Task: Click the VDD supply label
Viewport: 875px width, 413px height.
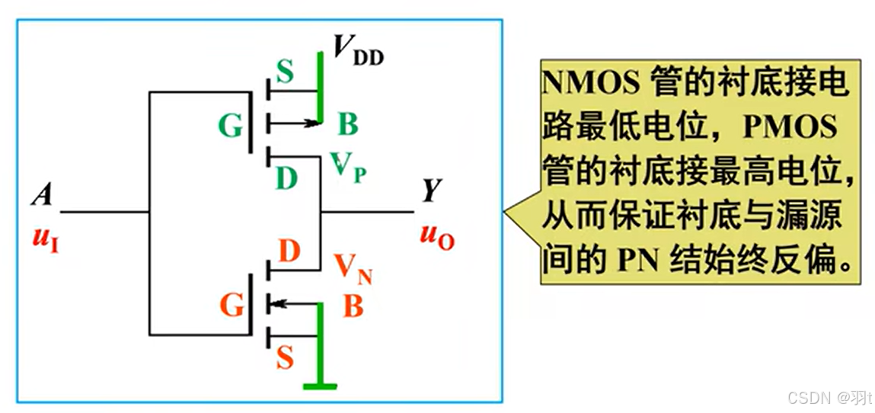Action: [x=359, y=50]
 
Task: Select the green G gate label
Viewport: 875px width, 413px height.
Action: [x=231, y=126]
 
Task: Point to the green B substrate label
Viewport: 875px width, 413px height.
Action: [x=347, y=123]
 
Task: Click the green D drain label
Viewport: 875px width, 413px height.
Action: [x=286, y=180]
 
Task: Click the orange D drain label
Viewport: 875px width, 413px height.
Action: [x=289, y=252]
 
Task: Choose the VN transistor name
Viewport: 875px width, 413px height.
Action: [x=353, y=268]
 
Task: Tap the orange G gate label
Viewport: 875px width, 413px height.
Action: [x=233, y=306]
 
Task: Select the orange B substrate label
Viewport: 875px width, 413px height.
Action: [x=353, y=306]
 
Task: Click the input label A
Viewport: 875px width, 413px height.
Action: [x=42, y=196]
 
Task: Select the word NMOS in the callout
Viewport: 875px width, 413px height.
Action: [x=591, y=82]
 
